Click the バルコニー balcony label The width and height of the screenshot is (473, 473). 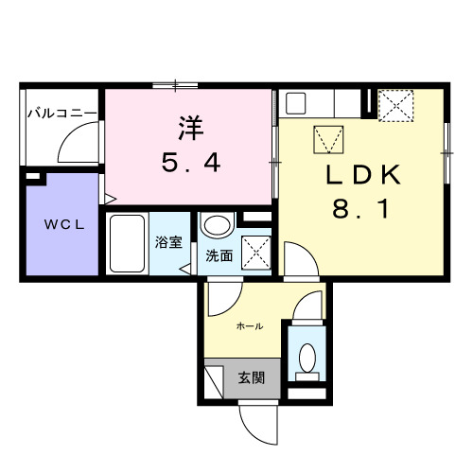pos(60,113)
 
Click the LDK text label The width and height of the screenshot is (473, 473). pos(365,175)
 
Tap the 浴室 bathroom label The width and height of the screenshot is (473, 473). pos(169,242)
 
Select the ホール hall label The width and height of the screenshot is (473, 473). pos(249,325)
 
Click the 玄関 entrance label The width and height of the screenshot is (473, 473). pos(251,377)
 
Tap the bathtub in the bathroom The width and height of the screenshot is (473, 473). pos(126,243)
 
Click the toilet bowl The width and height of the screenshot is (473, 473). pos(307,356)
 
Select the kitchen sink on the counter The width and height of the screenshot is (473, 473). pos(293,102)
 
